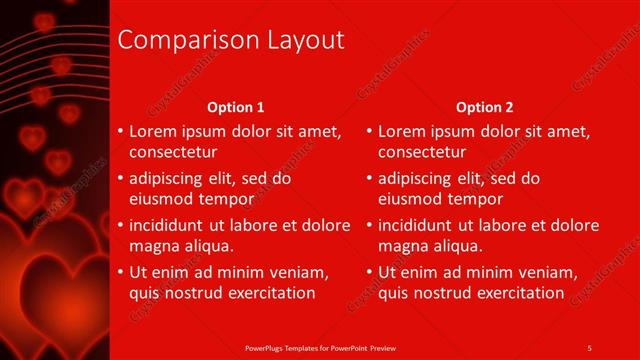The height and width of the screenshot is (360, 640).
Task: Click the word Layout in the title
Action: click(304, 40)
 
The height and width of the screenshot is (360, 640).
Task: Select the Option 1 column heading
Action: click(235, 107)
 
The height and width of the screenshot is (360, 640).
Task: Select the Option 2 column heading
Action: click(484, 107)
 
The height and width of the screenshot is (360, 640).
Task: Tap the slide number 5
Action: click(590, 347)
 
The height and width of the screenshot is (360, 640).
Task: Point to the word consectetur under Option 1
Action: click(173, 152)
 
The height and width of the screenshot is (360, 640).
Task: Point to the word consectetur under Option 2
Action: click(422, 152)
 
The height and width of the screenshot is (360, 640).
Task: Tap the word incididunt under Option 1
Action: click(171, 225)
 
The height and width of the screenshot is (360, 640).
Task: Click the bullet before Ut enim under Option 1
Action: click(120, 272)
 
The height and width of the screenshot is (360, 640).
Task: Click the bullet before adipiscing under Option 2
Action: click(369, 178)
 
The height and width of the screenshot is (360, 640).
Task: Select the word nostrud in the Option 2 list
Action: click(441, 292)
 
